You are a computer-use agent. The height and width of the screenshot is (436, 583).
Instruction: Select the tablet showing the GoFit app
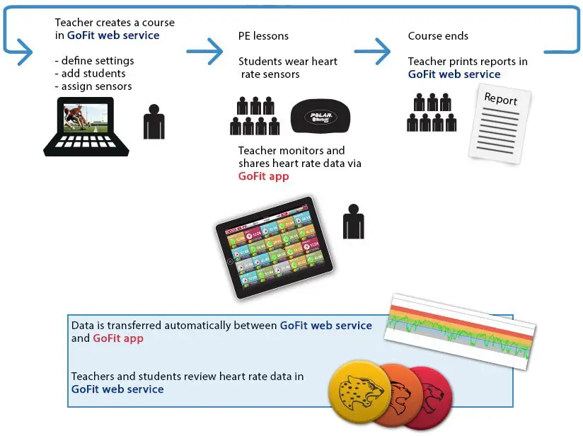pyautogui.click(x=275, y=246)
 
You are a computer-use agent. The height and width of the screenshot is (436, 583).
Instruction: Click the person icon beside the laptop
pyautogui.click(x=154, y=122)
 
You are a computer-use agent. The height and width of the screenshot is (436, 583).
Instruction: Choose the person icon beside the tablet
pyautogui.click(x=353, y=222)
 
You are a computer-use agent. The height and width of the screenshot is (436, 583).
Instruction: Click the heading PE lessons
pyautogui.click(x=263, y=36)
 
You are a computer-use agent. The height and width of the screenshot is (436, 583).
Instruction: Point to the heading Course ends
pyautogui.click(x=438, y=36)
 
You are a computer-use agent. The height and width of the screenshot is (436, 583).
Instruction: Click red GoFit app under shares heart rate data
pyautogui.click(x=263, y=176)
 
